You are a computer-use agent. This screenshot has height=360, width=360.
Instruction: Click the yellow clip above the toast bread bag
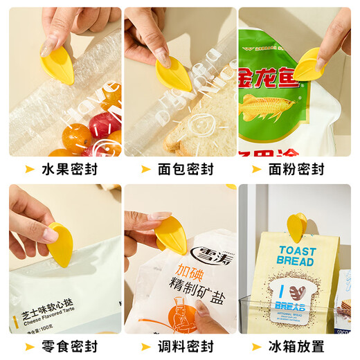tap(296, 226)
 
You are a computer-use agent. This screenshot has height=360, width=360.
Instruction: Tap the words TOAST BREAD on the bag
tap(295, 256)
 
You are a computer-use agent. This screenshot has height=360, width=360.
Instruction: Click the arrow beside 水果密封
tap(30, 169)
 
